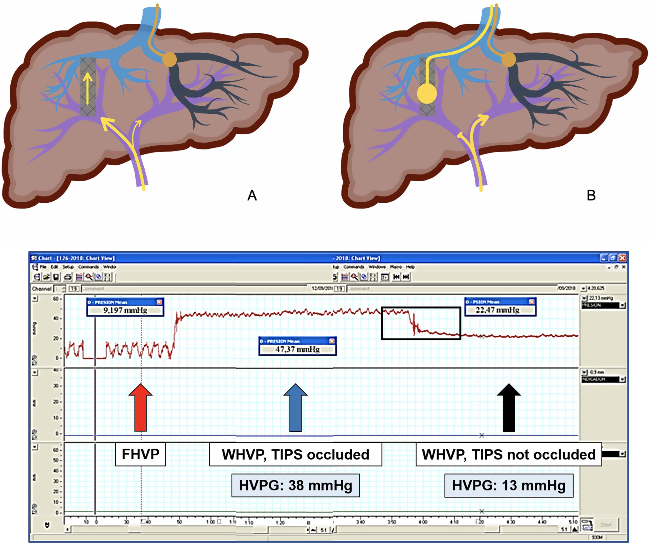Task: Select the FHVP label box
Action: click(x=140, y=454)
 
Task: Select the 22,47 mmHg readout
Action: click(x=497, y=310)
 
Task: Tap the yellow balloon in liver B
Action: click(x=427, y=94)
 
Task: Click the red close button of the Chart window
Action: click(x=622, y=258)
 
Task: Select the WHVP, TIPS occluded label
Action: click(x=295, y=454)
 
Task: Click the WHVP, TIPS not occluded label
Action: click(x=509, y=454)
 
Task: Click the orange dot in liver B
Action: click(x=508, y=59)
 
